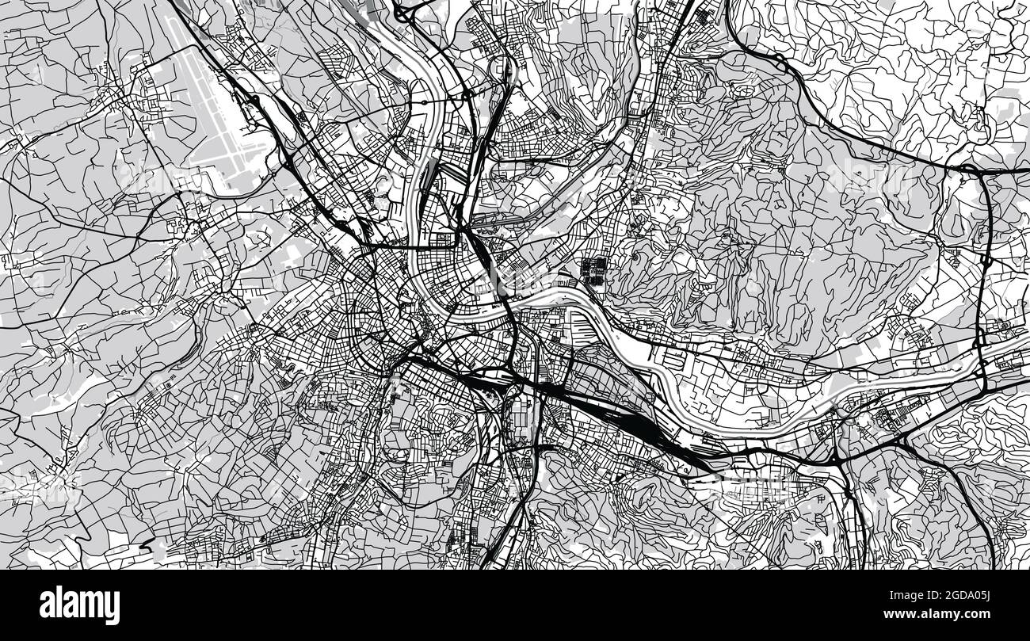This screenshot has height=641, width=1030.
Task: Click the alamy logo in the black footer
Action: click(x=79, y=605)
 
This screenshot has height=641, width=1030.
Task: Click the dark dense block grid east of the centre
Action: click(x=595, y=269)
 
